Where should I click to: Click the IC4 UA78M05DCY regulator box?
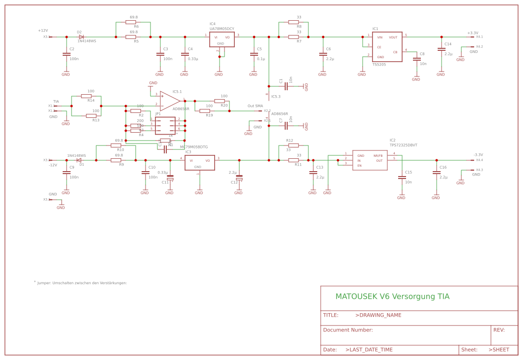point(222,39)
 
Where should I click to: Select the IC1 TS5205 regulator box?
point(387,47)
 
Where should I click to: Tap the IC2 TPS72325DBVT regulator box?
point(370,160)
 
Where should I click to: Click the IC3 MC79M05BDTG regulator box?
point(199,163)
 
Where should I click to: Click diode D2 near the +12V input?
point(81,37)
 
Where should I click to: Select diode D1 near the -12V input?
point(79,160)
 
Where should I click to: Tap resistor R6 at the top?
point(131,22)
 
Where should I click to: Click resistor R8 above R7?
point(294,22)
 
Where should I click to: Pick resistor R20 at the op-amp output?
point(220,101)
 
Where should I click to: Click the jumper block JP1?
point(165,126)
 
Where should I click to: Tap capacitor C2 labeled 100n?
point(67,54)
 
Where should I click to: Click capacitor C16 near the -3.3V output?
point(437,173)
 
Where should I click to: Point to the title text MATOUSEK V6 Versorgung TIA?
point(392,296)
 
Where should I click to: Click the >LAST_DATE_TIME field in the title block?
point(369,350)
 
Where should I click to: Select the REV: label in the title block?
point(499,330)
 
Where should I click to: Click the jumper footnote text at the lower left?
point(81,283)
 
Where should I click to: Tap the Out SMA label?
point(255,106)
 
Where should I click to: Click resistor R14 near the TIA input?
point(86,96)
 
